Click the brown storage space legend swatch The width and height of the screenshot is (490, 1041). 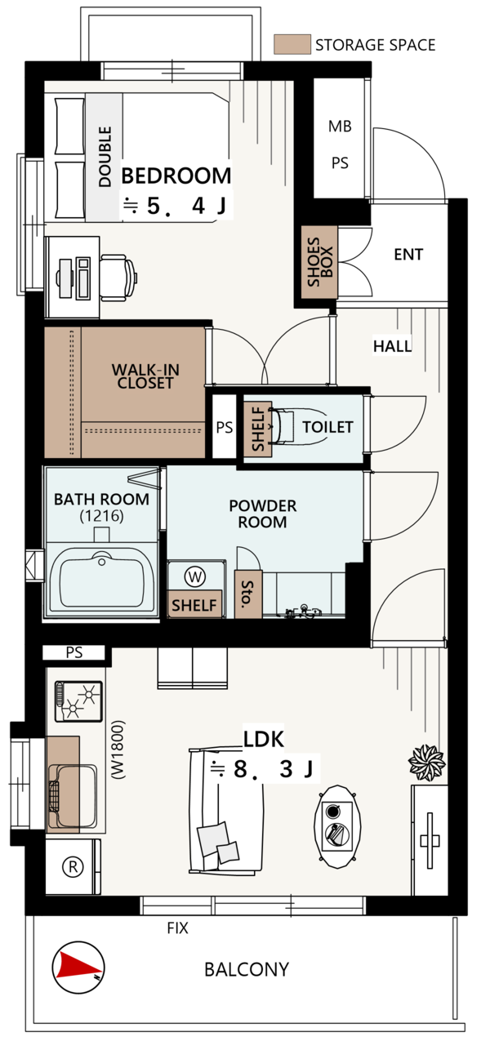pyautogui.click(x=292, y=44)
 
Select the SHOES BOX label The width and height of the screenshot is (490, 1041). pyautogui.click(x=320, y=262)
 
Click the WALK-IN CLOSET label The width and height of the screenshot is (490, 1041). pyautogui.click(x=145, y=376)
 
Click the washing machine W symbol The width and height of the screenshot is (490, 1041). pyautogui.click(x=195, y=576)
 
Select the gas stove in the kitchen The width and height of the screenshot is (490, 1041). pyautogui.click(x=78, y=701)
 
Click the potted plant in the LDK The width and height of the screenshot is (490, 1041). pyautogui.click(x=427, y=763)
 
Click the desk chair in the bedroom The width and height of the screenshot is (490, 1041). pyautogui.click(x=118, y=278)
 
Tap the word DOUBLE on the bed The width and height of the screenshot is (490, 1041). pyautogui.click(x=105, y=157)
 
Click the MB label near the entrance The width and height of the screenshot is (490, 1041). pyautogui.click(x=340, y=126)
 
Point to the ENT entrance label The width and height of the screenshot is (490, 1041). pyautogui.click(x=408, y=254)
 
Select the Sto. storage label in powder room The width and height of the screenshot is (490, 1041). pyautogui.click(x=247, y=594)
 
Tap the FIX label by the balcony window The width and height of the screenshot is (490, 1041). pyautogui.click(x=177, y=928)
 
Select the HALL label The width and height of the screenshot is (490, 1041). pyautogui.click(x=392, y=345)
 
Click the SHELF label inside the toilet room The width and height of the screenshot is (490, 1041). pyautogui.click(x=257, y=429)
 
